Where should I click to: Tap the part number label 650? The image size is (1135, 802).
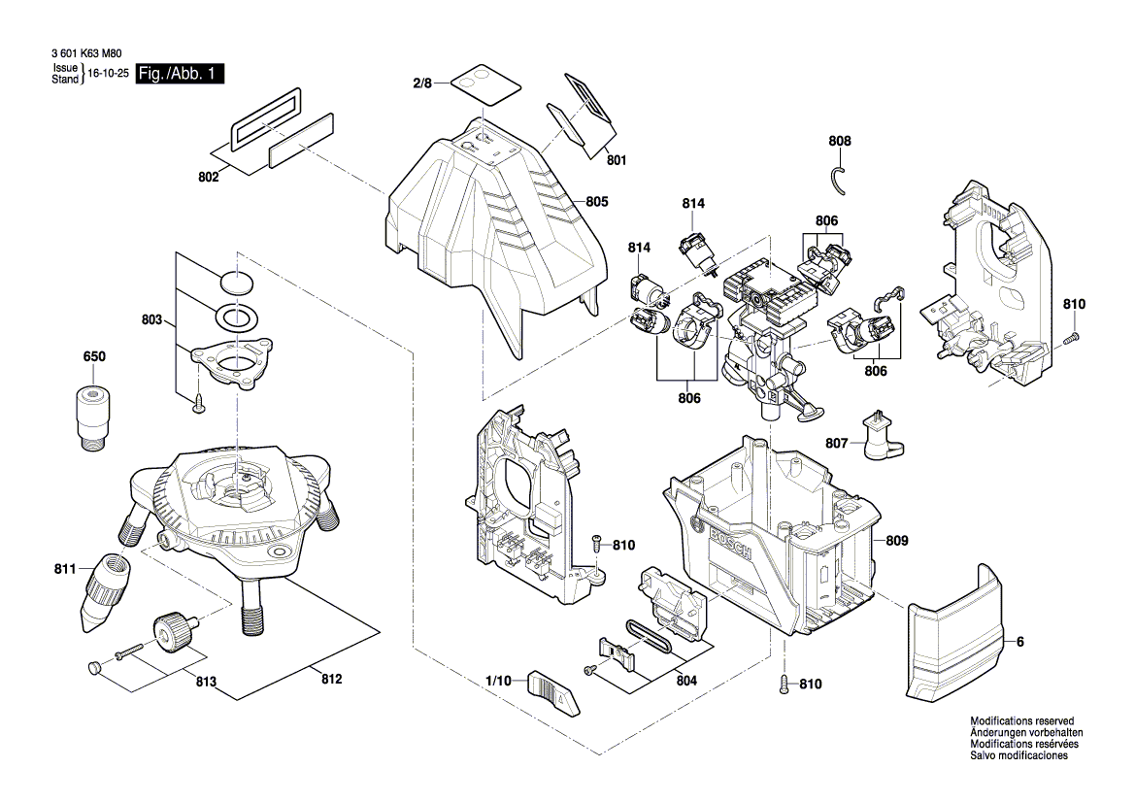pyautogui.click(x=94, y=357)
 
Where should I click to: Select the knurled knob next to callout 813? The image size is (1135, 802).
pyautogui.click(x=173, y=635)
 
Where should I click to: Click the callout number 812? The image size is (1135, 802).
pyautogui.click(x=331, y=679)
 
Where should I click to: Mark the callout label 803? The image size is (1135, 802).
pyautogui.click(x=151, y=319)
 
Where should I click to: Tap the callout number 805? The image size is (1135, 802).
pyautogui.click(x=597, y=202)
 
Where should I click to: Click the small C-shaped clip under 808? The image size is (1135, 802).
pyautogui.click(x=837, y=180)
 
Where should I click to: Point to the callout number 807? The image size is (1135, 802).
pyautogui.click(x=837, y=444)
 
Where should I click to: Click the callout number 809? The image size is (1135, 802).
pyautogui.click(x=896, y=540)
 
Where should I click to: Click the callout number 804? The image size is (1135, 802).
pyautogui.click(x=686, y=681)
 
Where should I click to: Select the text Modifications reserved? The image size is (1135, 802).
pyautogui.click(x=1018, y=721)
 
